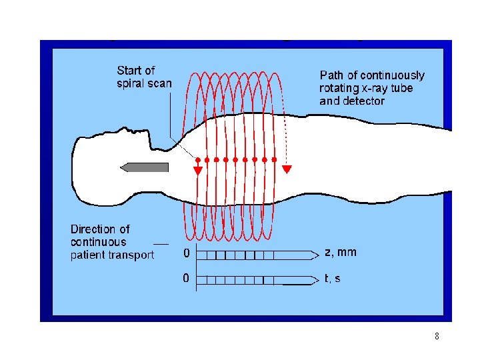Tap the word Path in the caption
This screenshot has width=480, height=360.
pyautogui.click(x=333, y=75)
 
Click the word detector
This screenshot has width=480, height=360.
pyautogui.click(x=365, y=101)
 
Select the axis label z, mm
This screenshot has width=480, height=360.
pyautogui.click(x=340, y=252)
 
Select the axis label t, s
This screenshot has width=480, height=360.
pyautogui.click(x=332, y=278)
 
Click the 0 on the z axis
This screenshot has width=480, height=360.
pyautogui.click(x=187, y=253)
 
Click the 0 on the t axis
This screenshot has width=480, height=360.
pyautogui.click(x=187, y=277)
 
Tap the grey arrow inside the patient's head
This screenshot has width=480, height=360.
pyautogui.click(x=144, y=167)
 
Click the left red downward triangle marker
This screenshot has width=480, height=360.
pyautogui.click(x=198, y=170)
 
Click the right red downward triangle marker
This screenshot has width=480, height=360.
pyautogui.click(x=287, y=169)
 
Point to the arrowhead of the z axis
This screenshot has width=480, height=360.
pyautogui.click(x=315, y=255)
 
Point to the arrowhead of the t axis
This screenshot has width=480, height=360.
pyautogui.click(x=315, y=280)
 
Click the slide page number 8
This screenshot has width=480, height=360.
pyautogui.click(x=437, y=337)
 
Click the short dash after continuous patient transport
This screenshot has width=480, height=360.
pyautogui.click(x=160, y=243)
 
